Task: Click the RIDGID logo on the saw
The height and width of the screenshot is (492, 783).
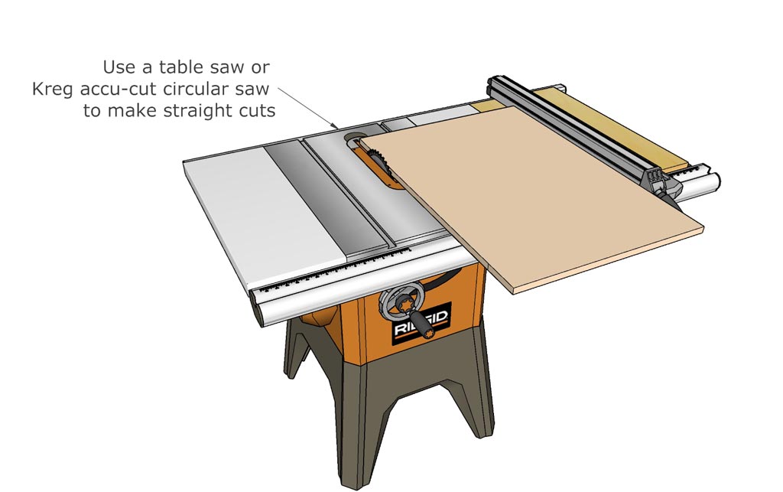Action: pyautogui.click(x=421, y=324)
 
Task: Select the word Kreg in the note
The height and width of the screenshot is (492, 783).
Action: pyautogui.click(x=54, y=90)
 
